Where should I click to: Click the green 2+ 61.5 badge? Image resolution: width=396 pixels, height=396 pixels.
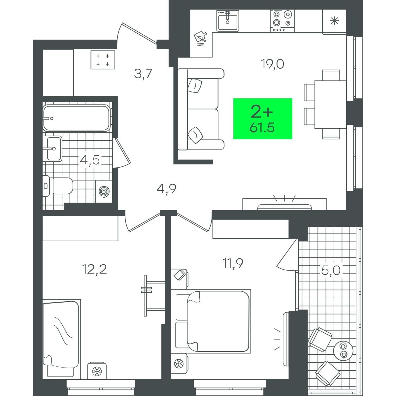(x=262, y=118)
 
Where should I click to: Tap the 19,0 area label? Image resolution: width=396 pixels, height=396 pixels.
(x=272, y=64)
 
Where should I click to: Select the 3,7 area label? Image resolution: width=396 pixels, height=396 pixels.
(x=143, y=74)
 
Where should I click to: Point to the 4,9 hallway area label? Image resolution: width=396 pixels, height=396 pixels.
(x=166, y=189)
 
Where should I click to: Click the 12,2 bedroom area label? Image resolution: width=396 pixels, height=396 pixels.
(x=94, y=269)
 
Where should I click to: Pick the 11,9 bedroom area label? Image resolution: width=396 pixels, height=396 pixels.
(x=233, y=263)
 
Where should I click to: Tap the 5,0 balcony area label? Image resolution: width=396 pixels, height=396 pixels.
(x=331, y=271)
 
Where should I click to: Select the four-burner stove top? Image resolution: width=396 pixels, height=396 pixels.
(x=282, y=21)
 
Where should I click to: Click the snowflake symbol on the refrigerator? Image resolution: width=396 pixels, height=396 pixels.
(x=334, y=21)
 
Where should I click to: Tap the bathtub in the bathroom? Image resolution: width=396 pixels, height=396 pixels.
(x=77, y=118)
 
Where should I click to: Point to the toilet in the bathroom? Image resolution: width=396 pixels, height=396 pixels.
(x=58, y=186)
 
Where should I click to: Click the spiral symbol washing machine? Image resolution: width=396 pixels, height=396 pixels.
(x=104, y=192)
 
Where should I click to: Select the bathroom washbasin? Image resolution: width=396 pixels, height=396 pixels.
(x=54, y=148)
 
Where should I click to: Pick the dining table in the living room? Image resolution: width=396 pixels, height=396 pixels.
(x=330, y=104)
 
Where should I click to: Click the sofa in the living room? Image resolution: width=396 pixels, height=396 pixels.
(x=201, y=109)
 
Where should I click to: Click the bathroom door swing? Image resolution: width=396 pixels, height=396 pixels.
(x=122, y=152)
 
